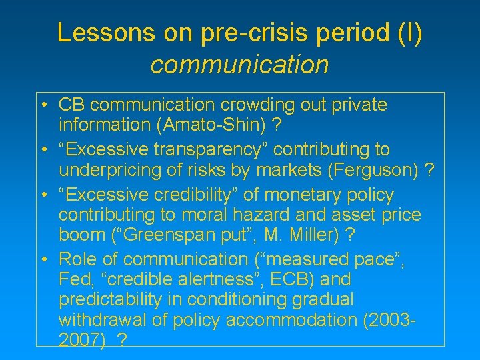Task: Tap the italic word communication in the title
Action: coord(240,65)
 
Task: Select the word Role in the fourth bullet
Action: coord(77,259)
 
